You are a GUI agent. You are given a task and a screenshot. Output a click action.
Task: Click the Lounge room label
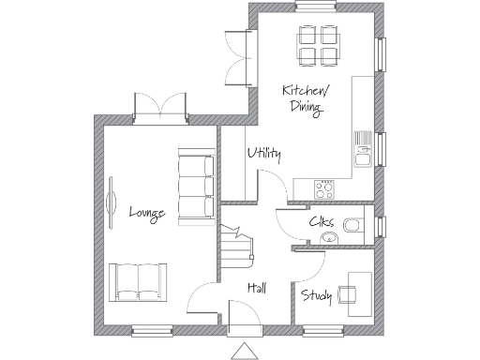point(147,213)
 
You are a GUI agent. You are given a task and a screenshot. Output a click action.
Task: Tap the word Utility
point(263,154)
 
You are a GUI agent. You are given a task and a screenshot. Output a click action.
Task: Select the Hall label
point(256,288)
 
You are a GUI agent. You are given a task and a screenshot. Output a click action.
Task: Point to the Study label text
point(317,296)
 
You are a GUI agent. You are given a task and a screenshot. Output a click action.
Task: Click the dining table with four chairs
point(317,46)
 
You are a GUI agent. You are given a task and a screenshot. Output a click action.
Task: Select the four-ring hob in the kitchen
point(325,188)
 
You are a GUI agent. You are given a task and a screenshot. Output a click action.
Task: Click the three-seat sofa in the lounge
point(195,187)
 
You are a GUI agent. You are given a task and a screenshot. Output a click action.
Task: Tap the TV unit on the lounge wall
point(111,198)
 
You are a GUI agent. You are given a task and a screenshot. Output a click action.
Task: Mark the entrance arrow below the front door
point(245,351)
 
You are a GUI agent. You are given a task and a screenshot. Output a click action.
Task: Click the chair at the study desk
point(347,294)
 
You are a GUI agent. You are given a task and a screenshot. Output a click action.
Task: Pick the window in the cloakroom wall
point(380,228)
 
